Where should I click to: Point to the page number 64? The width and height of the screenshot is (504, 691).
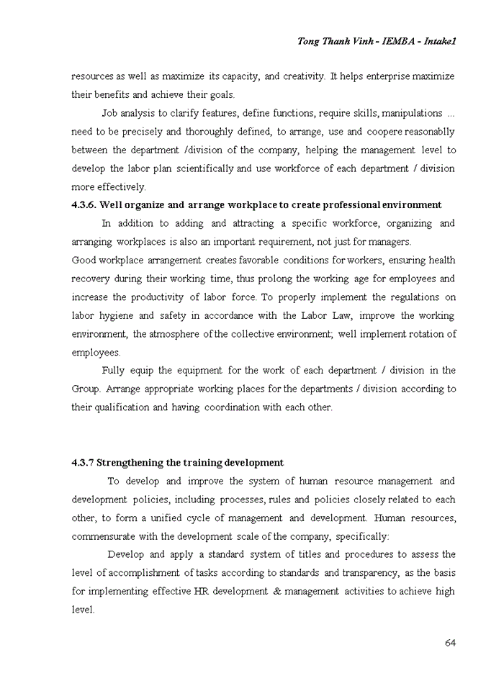450,643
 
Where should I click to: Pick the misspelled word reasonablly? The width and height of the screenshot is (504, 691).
430,132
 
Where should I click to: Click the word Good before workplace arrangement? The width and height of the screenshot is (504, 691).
84,260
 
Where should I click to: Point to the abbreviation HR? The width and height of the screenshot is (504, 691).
200,591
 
